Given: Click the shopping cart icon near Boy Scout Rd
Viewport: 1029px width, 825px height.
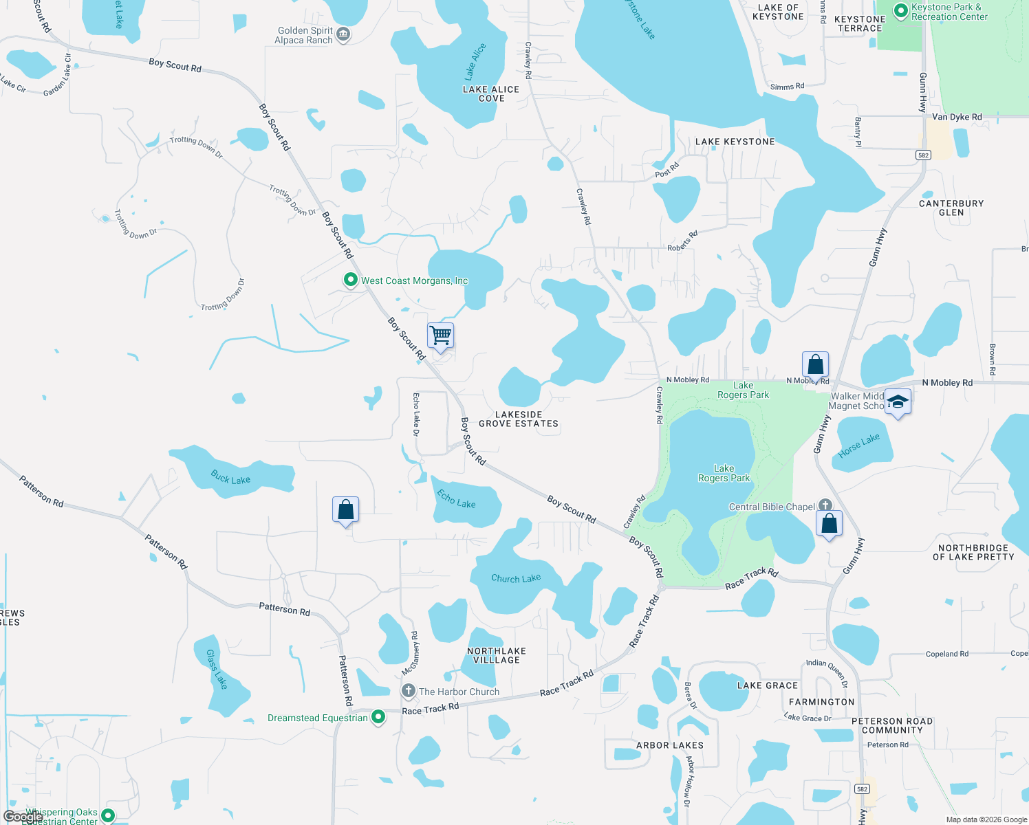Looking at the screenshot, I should [440, 336].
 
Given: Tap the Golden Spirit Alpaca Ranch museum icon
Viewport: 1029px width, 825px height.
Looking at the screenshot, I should [343, 34].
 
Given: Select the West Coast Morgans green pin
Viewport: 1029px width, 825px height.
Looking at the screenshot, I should [351, 280].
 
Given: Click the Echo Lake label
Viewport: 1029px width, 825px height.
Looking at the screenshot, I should [457, 499].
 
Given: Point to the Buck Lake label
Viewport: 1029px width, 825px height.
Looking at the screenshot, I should [230, 476].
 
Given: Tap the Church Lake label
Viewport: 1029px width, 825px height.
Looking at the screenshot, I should [516, 578].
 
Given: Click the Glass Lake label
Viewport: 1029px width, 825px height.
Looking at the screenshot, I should [217, 670].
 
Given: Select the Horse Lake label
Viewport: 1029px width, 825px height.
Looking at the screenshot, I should [859, 445].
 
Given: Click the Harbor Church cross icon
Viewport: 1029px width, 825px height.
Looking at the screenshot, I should [409, 691].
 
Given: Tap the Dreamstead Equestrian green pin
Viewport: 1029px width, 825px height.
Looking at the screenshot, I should [378, 717].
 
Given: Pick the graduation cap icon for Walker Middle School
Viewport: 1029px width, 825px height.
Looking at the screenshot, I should [897, 401].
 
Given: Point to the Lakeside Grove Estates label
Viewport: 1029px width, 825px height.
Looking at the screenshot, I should [519, 419].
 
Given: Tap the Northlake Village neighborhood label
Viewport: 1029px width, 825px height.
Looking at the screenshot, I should [497, 655].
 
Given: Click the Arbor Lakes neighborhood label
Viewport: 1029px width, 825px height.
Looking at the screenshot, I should [670, 745].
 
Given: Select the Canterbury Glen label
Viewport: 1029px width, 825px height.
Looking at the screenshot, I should [951, 208].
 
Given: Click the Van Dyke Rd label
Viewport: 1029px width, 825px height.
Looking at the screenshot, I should [957, 117].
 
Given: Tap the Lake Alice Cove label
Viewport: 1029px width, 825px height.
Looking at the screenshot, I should [491, 94].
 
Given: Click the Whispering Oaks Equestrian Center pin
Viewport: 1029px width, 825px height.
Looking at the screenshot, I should [108, 816].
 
